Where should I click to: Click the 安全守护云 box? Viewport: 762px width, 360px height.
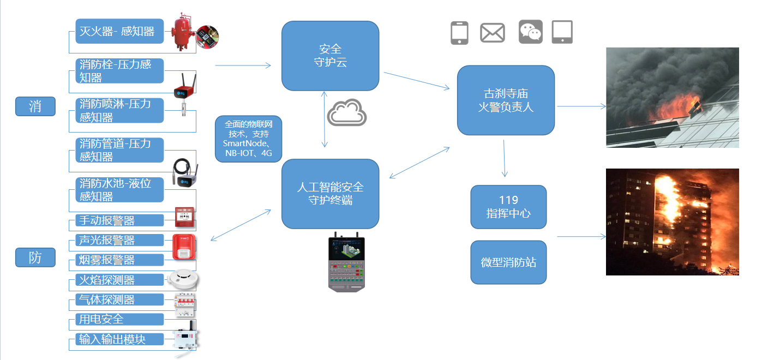point(330,56)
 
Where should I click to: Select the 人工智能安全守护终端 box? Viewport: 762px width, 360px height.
point(330,194)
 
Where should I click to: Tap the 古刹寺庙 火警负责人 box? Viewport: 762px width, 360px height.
point(506,100)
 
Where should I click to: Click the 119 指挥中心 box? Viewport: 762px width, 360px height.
point(508,207)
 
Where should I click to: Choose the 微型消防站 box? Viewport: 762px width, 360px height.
point(508,262)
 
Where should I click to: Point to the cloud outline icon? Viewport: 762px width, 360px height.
point(347,112)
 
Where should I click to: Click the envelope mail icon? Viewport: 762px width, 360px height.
point(492,33)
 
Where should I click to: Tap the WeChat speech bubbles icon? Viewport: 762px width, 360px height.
point(531,32)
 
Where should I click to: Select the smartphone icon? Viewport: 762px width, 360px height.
point(459,33)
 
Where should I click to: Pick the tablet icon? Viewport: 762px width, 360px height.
point(562,32)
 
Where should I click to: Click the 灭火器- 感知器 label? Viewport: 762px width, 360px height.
point(119,31)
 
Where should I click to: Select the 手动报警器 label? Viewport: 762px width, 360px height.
point(119,220)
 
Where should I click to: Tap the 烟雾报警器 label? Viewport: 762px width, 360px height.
point(119,260)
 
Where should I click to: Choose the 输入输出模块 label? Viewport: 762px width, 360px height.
point(119,339)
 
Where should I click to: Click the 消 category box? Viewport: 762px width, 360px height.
point(35,106)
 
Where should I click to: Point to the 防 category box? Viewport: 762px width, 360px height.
point(35,257)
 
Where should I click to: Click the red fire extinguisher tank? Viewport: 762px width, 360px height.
point(182,32)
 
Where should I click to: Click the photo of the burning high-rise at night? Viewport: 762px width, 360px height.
point(673,221)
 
